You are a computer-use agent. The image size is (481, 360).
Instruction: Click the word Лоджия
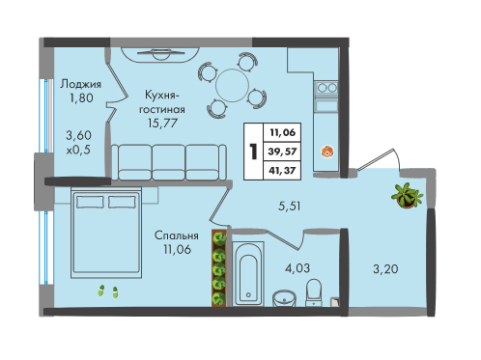point(80,84)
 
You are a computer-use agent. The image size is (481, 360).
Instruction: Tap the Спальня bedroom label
point(177,235)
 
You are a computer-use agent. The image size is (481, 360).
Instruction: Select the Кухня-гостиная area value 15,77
point(162,123)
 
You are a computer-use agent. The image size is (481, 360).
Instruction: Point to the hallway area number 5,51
point(290,206)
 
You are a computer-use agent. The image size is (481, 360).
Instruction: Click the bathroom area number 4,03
point(297,267)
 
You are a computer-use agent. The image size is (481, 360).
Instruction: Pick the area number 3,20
point(385,268)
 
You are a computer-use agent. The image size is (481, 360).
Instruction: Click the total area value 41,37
point(282,170)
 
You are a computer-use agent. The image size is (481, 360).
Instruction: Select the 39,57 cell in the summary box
point(282,152)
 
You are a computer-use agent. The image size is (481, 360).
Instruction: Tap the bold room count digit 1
point(254,152)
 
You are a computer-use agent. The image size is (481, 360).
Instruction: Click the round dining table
point(232,86)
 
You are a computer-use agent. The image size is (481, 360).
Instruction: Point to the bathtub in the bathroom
point(248,273)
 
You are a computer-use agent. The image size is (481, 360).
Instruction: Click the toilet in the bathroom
point(314,292)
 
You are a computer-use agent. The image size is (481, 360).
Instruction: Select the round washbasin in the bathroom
point(284,298)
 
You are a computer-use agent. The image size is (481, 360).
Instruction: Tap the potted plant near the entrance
point(407,196)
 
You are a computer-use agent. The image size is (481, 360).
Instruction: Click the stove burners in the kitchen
point(326,87)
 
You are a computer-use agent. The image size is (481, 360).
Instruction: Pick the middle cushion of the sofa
point(168,162)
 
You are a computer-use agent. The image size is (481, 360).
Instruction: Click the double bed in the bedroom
point(106,233)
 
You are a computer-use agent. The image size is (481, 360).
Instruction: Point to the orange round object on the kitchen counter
point(327,152)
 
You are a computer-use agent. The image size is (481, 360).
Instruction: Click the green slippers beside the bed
point(108,291)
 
